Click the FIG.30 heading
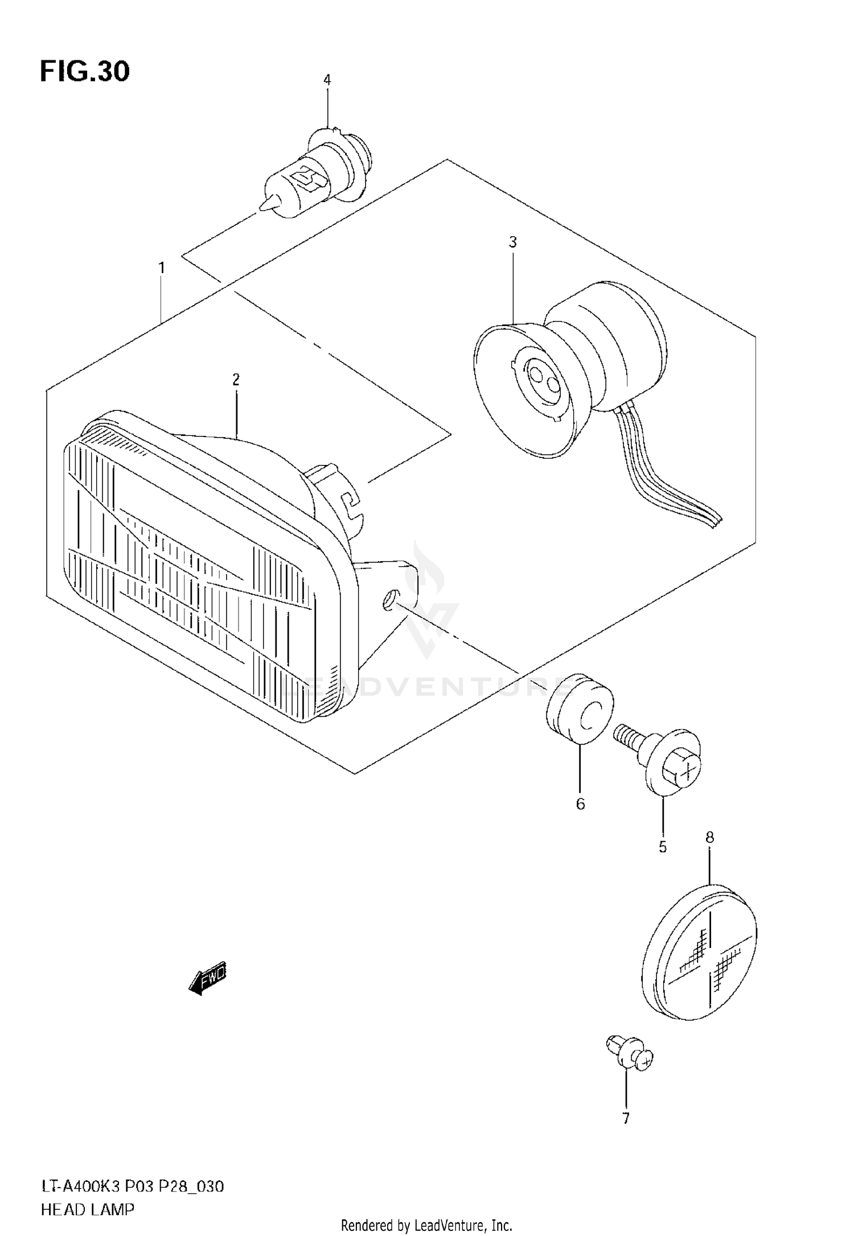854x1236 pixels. (x=85, y=72)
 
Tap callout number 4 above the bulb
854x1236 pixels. (x=327, y=80)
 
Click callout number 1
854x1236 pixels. (x=162, y=267)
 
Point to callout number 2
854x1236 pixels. (x=236, y=380)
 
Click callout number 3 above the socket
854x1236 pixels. (x=512, y=242)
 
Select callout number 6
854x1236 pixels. (x=580, y=804)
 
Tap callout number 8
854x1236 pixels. (x=709, y=837)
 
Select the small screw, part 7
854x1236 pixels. (x=629, y=1056)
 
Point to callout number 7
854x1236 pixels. (x=626, y=1119)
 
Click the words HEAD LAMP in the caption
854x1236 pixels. (x=88, y=1210)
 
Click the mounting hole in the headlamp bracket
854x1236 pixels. (x=389, y=600)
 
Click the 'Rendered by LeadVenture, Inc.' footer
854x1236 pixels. (x=427, y=1225)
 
